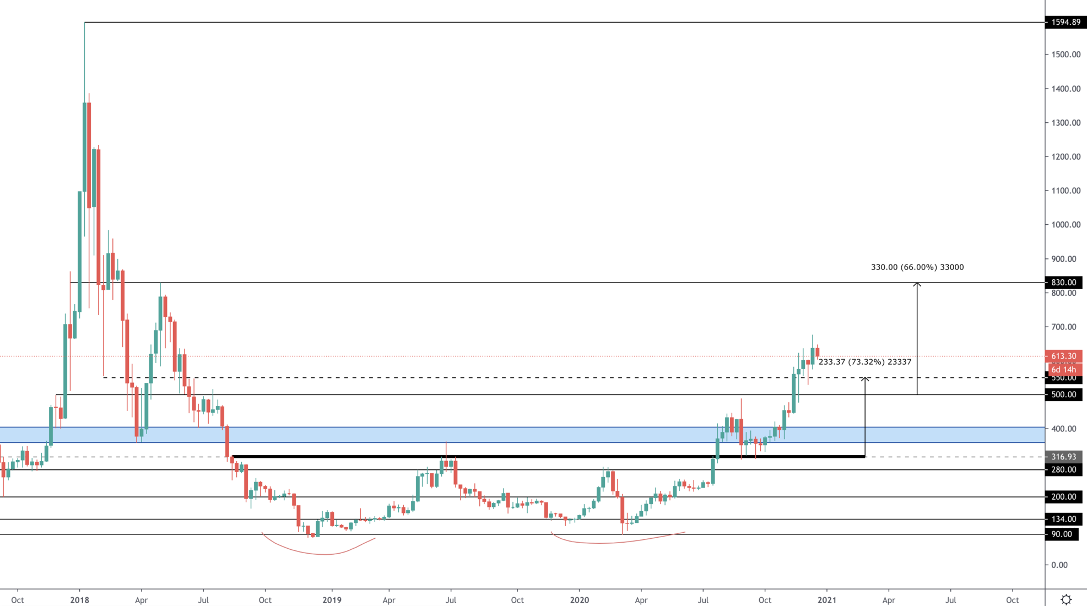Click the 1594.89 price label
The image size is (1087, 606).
coord(1066,22)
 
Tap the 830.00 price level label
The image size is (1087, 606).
coord(1063,283)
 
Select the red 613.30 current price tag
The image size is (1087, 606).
coord(1063,356)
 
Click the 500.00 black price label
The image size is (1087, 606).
coord(1063,394)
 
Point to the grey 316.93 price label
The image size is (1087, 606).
coord(1063,457)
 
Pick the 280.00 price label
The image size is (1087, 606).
coord(1063,469)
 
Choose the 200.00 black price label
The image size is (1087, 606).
coord(1063,497)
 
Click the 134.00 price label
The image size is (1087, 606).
coord(1063,519)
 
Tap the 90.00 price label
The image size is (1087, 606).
coord(1062,534)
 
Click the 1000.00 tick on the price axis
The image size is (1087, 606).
coord(1066,225)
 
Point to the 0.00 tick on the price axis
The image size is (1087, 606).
coord(1059,565)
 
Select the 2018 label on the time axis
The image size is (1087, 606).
coord(79,600)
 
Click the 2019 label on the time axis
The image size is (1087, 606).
coord(332,600)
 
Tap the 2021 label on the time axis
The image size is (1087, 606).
coord(826,600)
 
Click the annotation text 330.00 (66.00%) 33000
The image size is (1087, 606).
coord(917,267)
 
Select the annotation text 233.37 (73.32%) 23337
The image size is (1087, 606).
coord(864,362)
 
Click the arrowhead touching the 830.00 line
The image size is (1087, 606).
coord(917,284)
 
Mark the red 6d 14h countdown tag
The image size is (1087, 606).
coord(1063,370)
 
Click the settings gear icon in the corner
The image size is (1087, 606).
coord(1066,599)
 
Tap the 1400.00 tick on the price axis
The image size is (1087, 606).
coord(1066,89)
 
